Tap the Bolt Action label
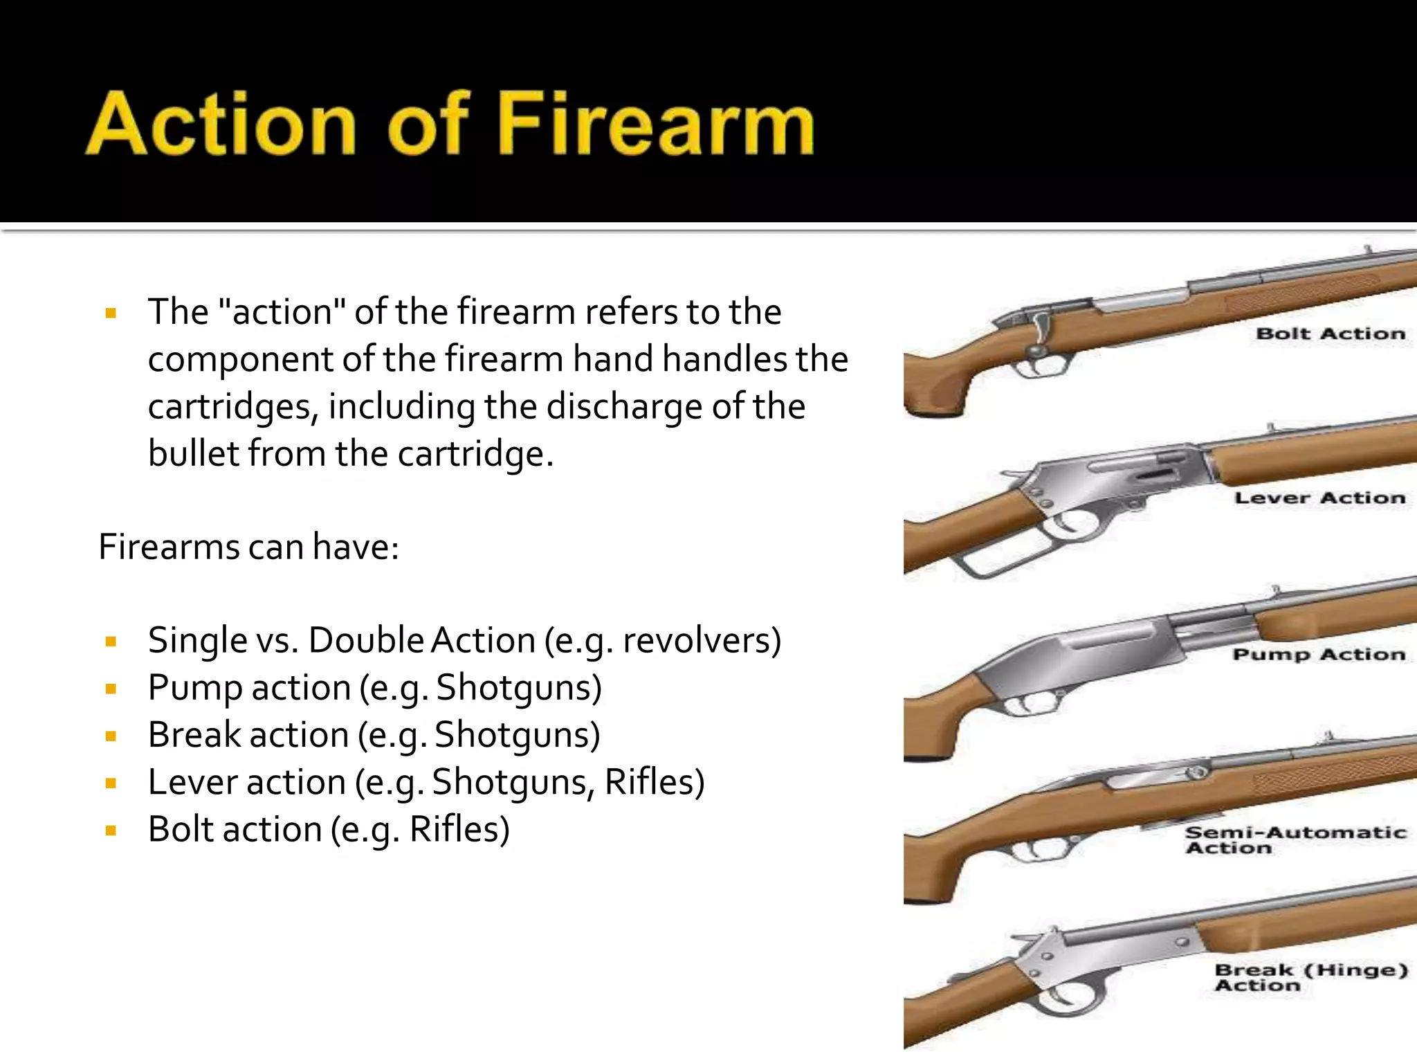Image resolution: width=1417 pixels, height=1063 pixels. point(1330,334)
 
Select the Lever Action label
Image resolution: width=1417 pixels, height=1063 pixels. point(1319,498)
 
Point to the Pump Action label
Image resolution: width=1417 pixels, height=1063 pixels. point(1319,654)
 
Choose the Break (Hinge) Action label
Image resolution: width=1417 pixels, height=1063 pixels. point(1310,977)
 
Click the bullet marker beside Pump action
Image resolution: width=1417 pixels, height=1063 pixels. point(111,689)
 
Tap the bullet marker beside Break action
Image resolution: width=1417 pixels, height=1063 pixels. point(111,736)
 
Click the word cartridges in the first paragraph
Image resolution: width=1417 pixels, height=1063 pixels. point(232,407)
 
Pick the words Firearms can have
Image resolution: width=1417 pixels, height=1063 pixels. point(248,547)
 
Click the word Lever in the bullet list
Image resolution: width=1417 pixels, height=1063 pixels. point(192,782)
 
